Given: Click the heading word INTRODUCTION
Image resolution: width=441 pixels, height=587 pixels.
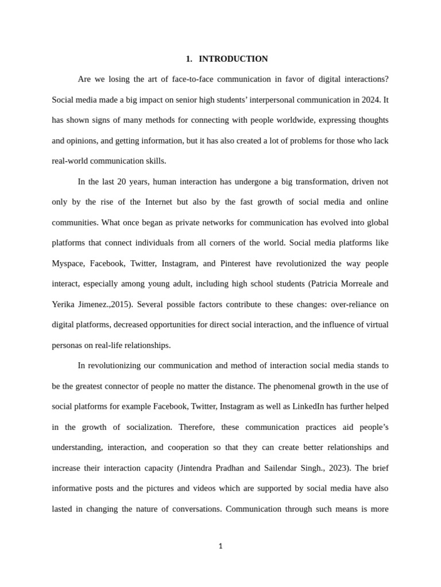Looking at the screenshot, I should (x=233, y=59).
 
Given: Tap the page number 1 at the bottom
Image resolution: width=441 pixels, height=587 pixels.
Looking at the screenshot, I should (x=220, y=546).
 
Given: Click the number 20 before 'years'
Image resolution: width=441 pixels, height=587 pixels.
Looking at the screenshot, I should (x=122, y=182).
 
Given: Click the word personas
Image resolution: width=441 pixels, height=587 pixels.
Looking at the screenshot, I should (x=67, y=345).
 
